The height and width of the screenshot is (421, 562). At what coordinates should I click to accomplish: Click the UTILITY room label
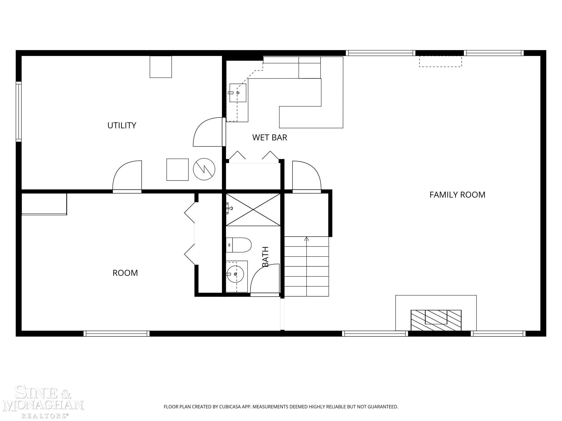tap(122, 125)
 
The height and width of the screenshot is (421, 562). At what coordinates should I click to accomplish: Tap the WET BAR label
tap(270, 138)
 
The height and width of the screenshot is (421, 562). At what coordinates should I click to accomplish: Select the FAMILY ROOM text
tap(457, 195)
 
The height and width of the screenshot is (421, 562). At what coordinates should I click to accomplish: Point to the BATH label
tap(266, 257)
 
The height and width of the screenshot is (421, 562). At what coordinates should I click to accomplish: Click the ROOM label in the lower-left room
tap(125, 273)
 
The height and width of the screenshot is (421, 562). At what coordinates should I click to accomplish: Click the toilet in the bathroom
tap(239, 245)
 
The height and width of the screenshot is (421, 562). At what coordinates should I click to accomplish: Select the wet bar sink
tap(238, 93)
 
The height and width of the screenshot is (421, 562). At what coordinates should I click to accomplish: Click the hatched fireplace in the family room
tap(436, 320)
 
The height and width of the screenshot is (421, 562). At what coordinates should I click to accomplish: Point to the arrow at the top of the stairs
tap(307, 239)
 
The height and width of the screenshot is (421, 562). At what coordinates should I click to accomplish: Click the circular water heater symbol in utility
tap(204, 169)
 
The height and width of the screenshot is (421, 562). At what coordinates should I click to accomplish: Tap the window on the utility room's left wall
tap(19, 112)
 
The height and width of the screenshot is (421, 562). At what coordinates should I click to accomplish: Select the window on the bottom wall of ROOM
tap(116, 333)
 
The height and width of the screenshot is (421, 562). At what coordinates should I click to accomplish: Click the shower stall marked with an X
tap(253, 210)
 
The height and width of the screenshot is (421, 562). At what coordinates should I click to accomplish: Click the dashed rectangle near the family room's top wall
tap(440, 61)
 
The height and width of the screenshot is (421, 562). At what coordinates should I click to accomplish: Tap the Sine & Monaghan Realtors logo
tap(43, 402)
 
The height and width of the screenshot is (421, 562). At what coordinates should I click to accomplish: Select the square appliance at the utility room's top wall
tap(161, 67)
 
